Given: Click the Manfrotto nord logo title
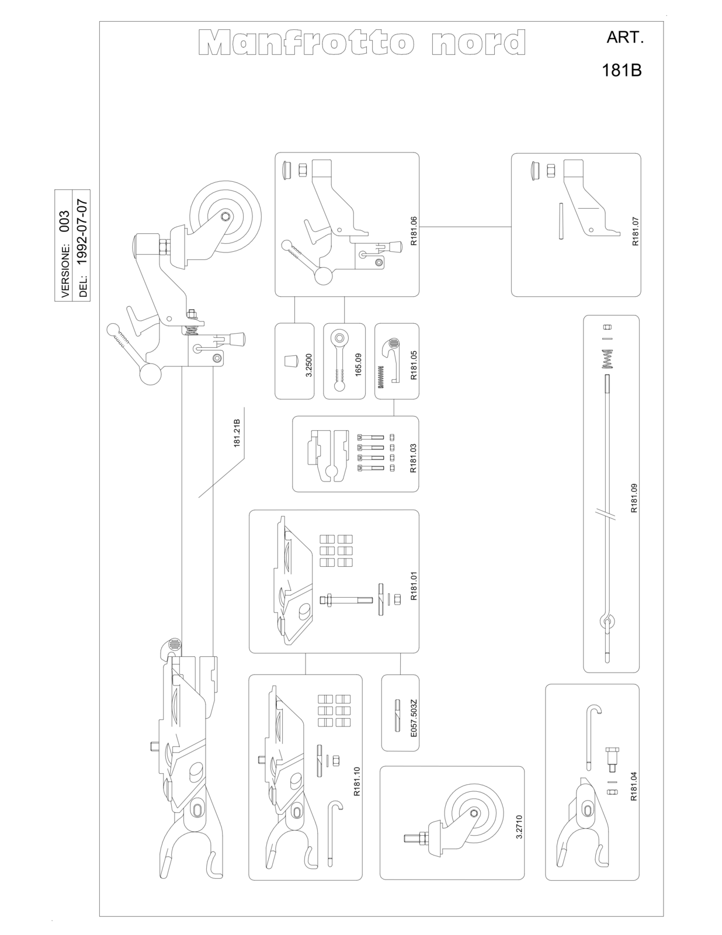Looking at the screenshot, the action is [363, 43].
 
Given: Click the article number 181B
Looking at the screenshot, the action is [622, 71].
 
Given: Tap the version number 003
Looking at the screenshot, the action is [64, 221].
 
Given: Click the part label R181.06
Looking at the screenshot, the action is [414, 231].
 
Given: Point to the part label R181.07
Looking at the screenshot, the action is [636, 231].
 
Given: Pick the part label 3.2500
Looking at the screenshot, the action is [308, 365].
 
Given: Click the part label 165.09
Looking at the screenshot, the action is [358, 365].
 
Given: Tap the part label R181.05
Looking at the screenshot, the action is [414, 365].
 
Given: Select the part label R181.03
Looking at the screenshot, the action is [413, 458].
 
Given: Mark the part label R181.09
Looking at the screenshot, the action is [633, 498].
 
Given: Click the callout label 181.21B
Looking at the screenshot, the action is [237, 433].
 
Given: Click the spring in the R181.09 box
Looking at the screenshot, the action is [607, 359].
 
